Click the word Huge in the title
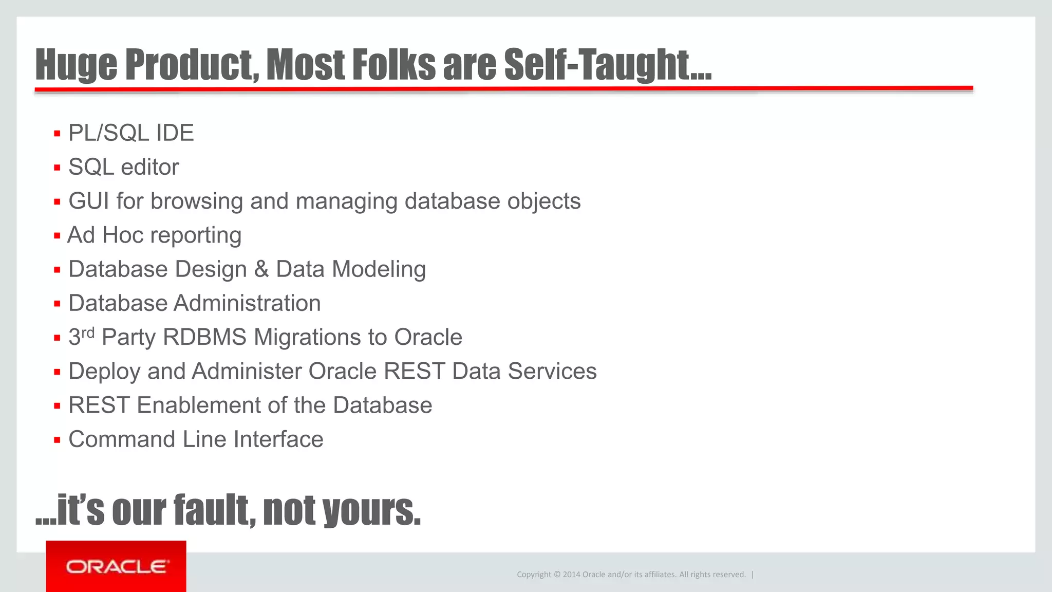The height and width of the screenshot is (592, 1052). coord(76,65)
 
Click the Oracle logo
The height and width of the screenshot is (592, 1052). coord(116,567)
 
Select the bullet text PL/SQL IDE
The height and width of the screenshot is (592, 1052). coord(131,133)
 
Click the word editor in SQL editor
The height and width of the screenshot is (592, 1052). coord(149,167)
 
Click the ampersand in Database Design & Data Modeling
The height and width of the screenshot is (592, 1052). coord(261,269)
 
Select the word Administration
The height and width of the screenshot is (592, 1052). coord(247,303)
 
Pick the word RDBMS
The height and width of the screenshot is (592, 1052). coord(204,338)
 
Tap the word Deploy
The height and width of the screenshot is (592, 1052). coord(104,372)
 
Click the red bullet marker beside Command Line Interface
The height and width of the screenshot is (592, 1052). coord(57,440)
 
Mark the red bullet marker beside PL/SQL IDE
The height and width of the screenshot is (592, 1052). coord(57,134)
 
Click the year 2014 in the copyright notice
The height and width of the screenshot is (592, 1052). coord(571,575)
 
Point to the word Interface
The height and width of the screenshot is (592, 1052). coord(278,440)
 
